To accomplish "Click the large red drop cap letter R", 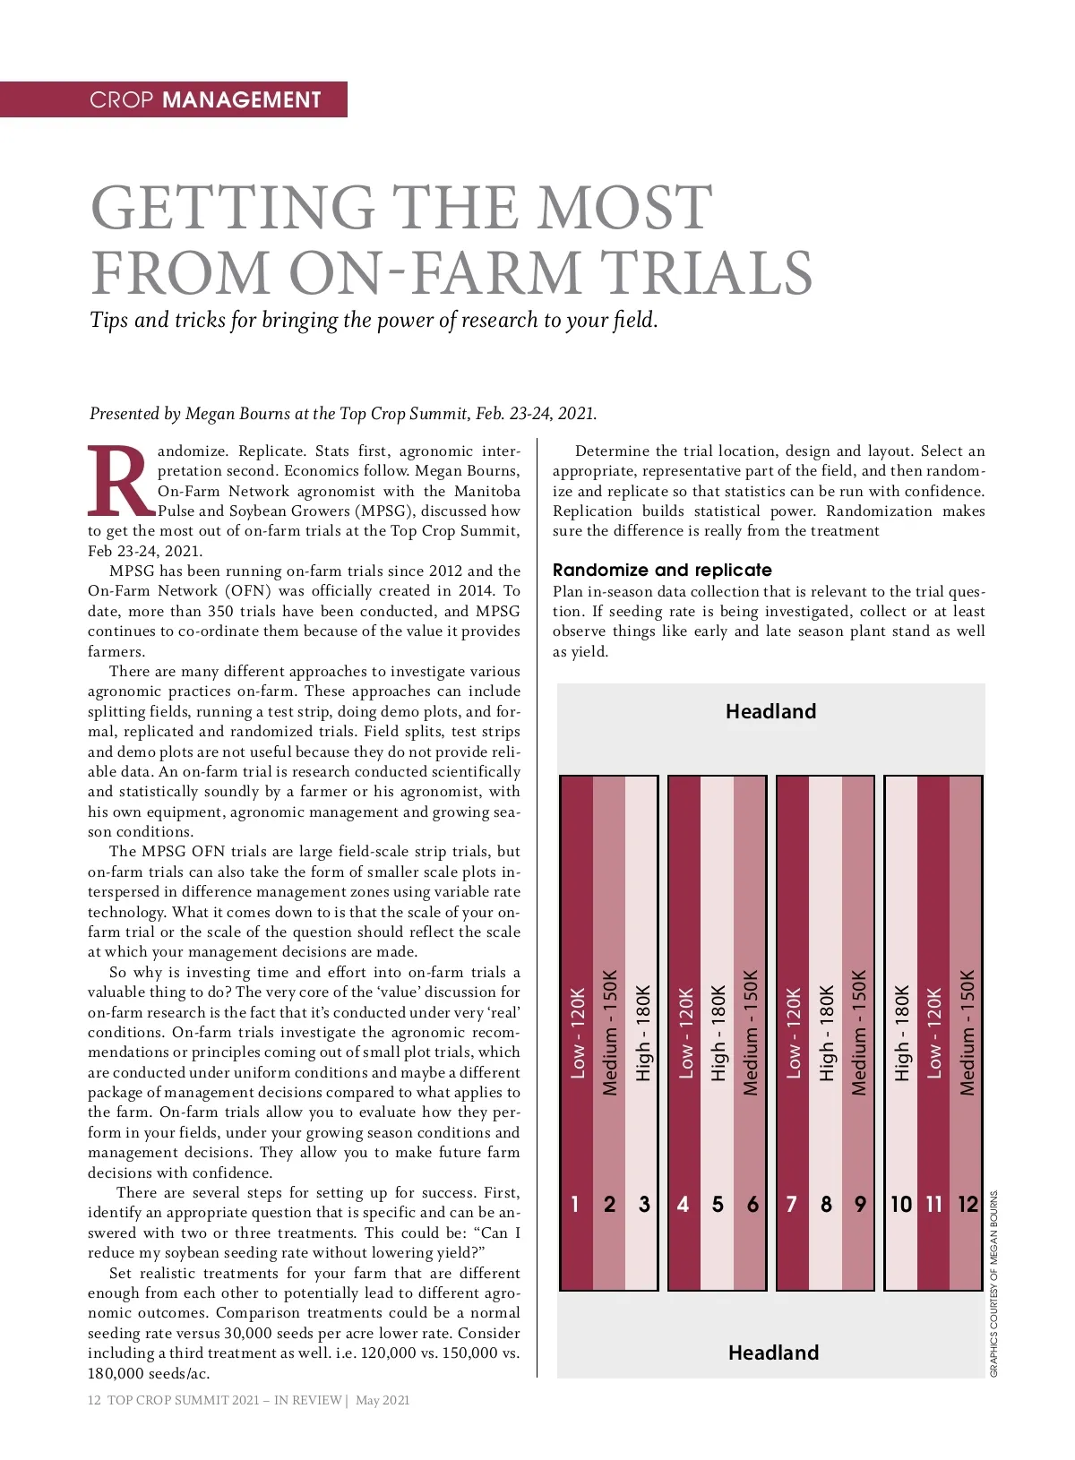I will click(x=120, y=481).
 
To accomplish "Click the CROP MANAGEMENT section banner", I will click(x=205, y=99).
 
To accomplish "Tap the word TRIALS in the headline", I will click(x=706, y=272).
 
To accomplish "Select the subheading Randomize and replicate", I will click(x=662, y=570).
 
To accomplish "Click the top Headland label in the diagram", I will click(x=770, y=711).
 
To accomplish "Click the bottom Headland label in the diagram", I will click(x=773, y=1353).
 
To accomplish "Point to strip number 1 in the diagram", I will click(x=575, y=1204).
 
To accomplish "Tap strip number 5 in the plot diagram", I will click(x=718, y=1204).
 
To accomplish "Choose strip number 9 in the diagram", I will click(x=860, y=1204).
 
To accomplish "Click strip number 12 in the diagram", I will click(x=967, y=1204).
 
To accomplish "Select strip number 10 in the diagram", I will click(x=901, y=1204).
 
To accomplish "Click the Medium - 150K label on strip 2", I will click(x=610, y=1032).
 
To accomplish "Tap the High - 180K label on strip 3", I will click(x=643, y=1033).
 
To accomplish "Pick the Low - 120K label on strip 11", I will click(x=934, y=1033).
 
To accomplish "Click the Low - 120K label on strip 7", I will click(x=793, y=1033).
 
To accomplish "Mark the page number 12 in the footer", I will click(x=94, y=1400).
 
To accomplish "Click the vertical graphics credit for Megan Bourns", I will click(x=993, y=1284).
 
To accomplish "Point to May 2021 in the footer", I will click(x=383, y=1400).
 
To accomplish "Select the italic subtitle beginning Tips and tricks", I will click(x=374, y=320).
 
